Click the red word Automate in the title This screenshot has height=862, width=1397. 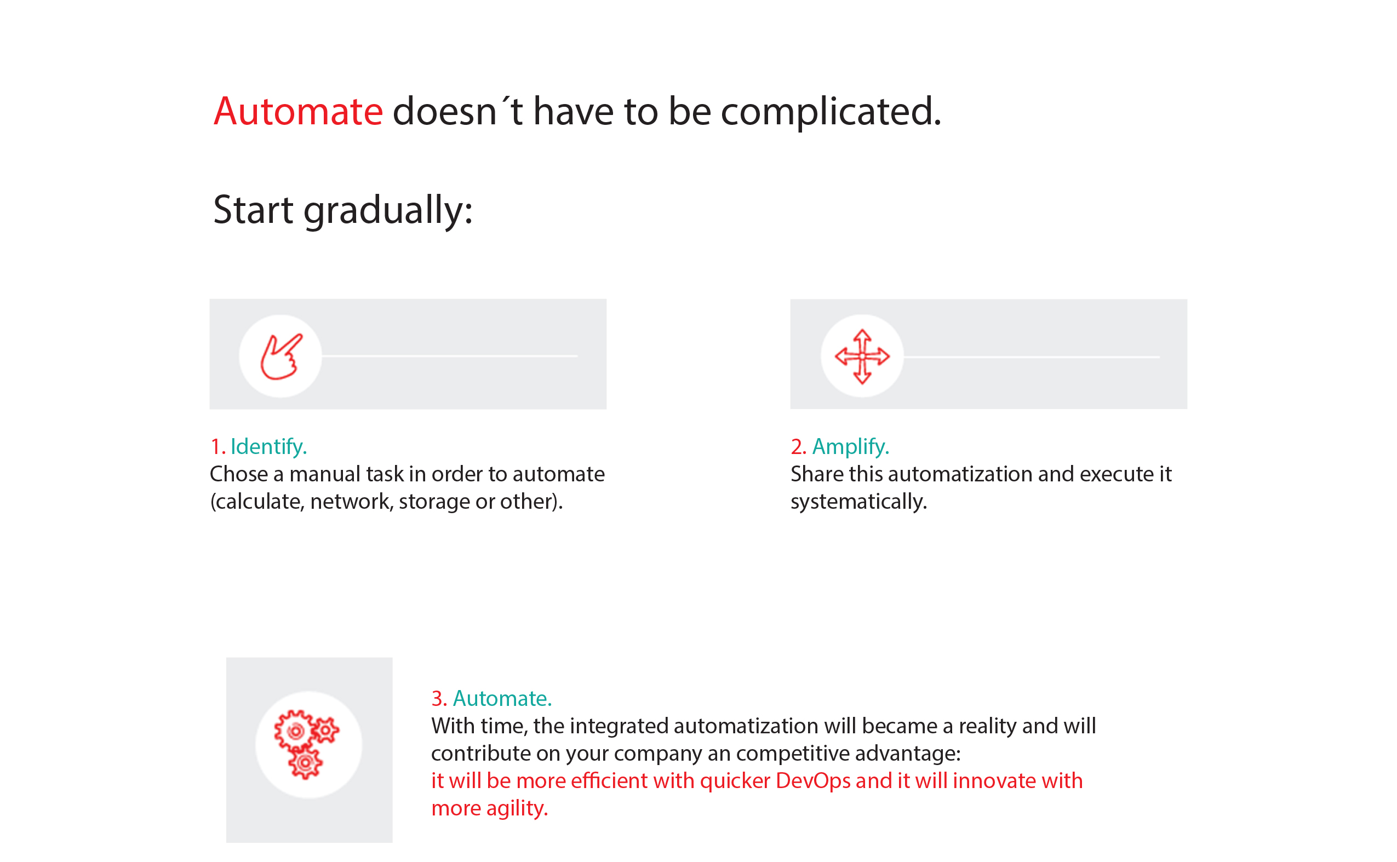click(297, 111)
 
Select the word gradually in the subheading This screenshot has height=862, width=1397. click(388, 211)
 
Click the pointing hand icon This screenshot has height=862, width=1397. click(280, 357)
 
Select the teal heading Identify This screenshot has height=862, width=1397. click(268, 446)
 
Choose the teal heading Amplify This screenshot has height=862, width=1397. click(850, 446)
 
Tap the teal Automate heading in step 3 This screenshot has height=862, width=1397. click(502, 698)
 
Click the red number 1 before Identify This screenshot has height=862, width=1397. click(216, 446)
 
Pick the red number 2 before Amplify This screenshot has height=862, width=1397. click(797, 446)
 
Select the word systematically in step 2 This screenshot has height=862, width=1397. click(858, 502)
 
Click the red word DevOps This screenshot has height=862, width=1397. click(812, 781)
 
